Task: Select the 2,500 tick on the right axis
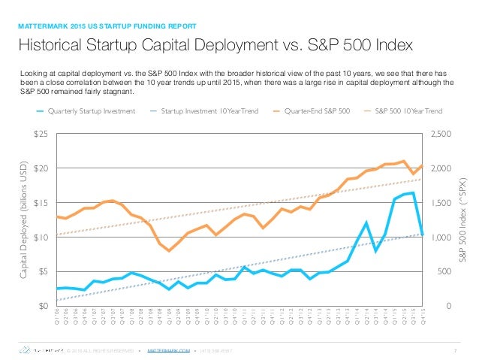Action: pos(440,134)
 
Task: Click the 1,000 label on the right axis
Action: pos(440,237)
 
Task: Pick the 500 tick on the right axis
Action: pos(436,271)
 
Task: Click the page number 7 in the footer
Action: pos(456,349)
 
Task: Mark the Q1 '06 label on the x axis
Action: pos(58,316)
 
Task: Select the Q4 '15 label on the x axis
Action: pos(423,316)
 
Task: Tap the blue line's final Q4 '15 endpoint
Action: pos(423,234)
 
